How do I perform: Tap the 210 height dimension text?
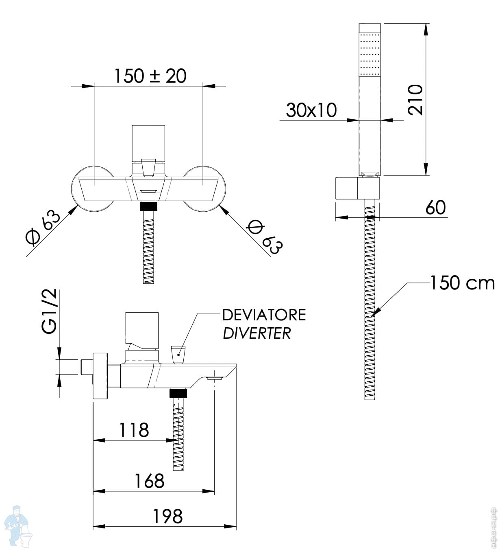(x=415, y=99)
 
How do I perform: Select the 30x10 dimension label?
(x=311, y=110)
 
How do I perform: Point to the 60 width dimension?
(x=435, y=208)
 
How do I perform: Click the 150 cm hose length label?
(x=462, y=283)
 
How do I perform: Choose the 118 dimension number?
(x=134, y=430)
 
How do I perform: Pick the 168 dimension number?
(x=149, y=481)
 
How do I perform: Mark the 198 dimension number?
(x=167, y=517)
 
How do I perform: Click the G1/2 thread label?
(x=50, y=311)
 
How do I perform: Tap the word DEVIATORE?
(x=264, y=315)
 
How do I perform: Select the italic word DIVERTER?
(x=257, y=333)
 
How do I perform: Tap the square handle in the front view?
(x=149, y=142)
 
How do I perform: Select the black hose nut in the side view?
(x=178, y=393)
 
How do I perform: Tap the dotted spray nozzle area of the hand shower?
(x=370, y=53)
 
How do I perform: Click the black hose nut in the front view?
(x=148, y=206)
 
